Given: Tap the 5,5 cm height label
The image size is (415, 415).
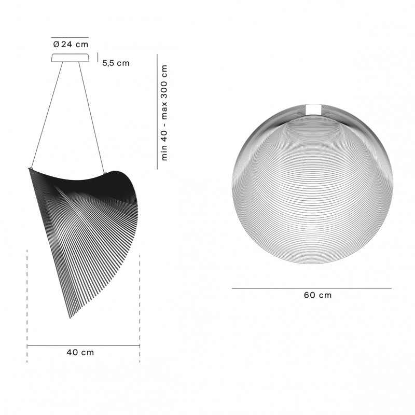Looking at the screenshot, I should (116, 63).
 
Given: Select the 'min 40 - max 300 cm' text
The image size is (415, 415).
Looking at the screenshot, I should (165, 113).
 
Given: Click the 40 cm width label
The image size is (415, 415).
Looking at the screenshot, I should (80, 352).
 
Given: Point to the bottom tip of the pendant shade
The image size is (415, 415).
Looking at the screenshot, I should (70, 317).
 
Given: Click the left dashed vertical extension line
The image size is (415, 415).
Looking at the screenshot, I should (27, 306).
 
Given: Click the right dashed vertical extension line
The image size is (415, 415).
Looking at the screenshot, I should (140, 306).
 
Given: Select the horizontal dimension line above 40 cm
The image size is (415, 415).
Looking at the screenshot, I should (83, 345).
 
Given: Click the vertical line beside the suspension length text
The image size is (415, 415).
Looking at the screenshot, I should (157, 112).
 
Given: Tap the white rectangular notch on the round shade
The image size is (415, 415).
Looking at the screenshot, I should (314, 109).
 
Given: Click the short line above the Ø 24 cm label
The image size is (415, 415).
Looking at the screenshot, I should (70, 38).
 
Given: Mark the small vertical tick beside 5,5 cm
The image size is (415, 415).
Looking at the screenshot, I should (98, 57).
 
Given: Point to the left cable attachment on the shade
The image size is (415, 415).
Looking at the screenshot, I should (32, 168).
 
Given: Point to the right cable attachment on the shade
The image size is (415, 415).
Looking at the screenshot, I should (106, 173).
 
